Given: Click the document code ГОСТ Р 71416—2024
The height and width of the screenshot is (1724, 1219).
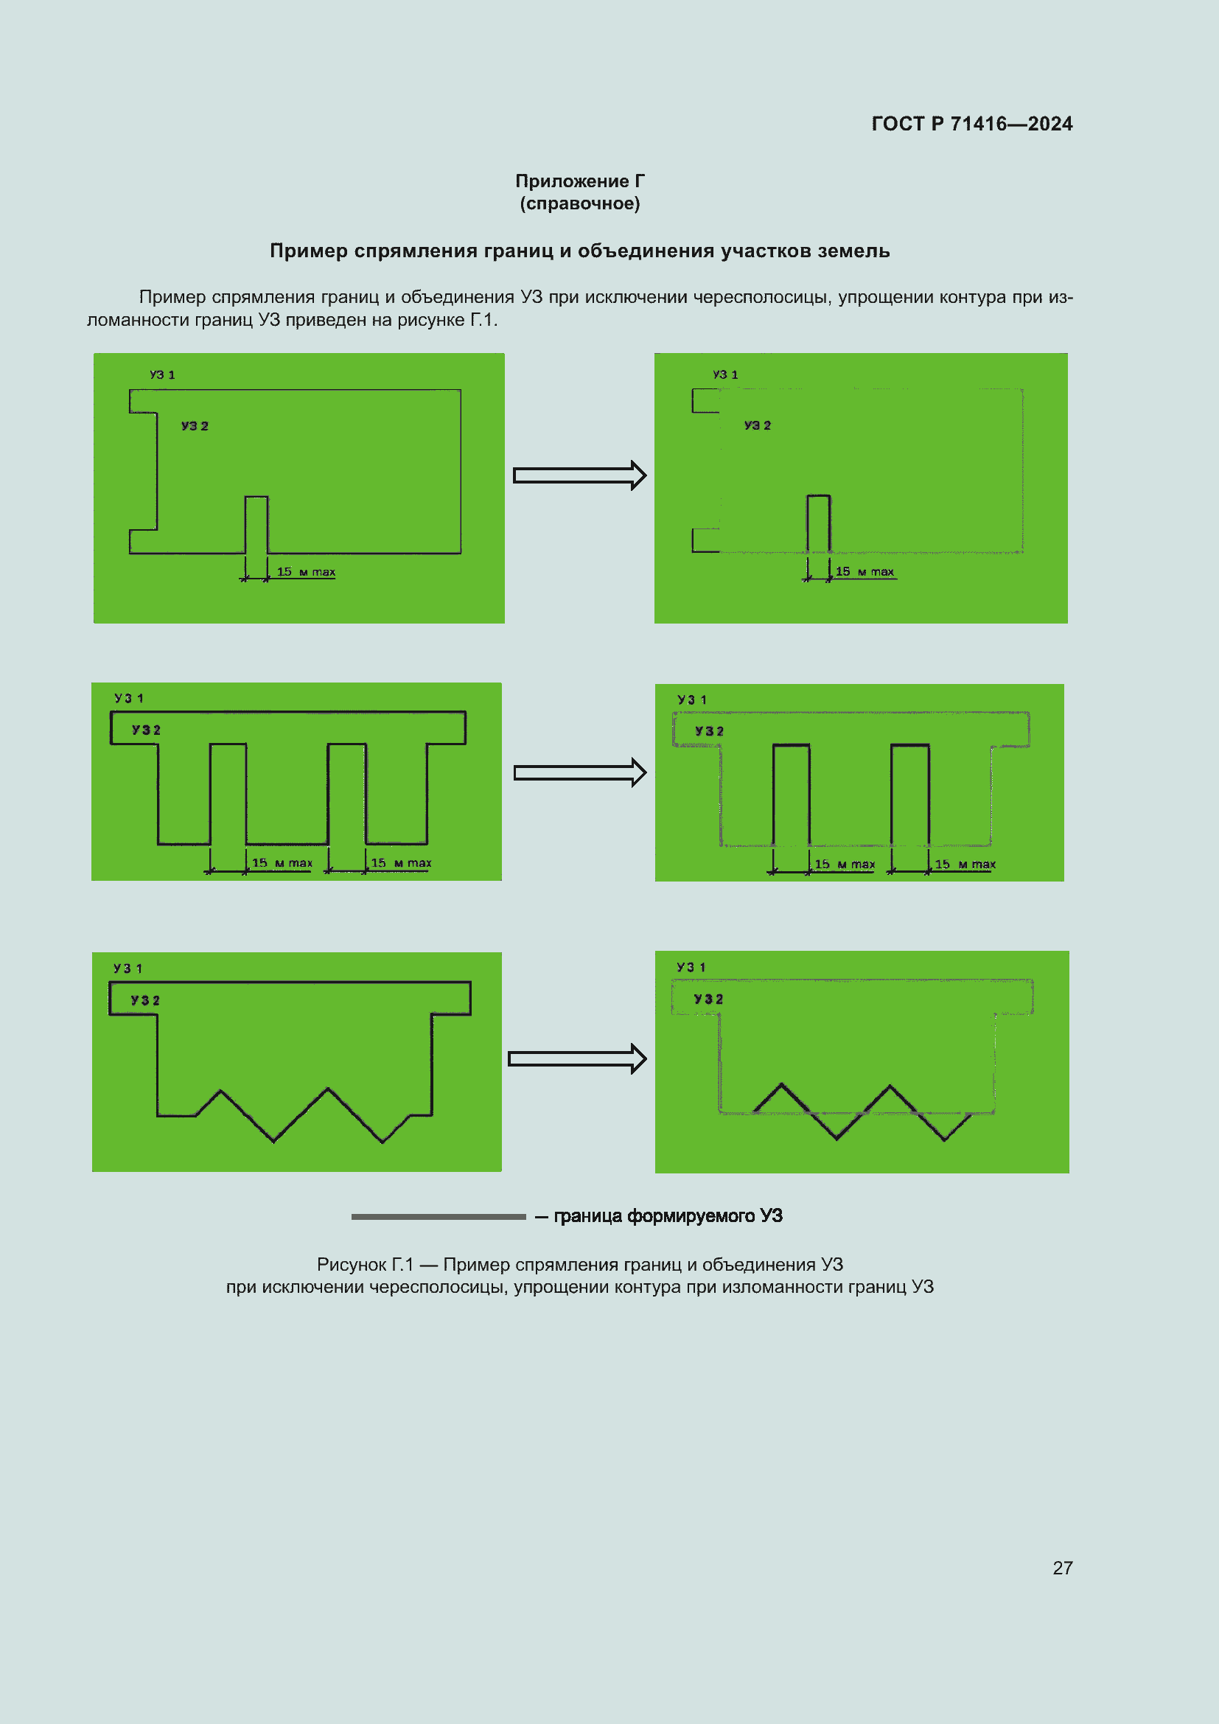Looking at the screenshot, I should tap(971, 124).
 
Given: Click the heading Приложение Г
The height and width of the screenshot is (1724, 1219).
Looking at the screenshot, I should tap(579, 181).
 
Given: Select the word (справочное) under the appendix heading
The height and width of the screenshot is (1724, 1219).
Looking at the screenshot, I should tap(579, 203).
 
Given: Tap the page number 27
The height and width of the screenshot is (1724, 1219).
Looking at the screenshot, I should tap(1062, 1568).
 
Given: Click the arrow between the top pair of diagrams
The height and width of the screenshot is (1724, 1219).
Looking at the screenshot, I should tap(579, 475).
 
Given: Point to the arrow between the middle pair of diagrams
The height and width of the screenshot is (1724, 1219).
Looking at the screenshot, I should tap(579, 772).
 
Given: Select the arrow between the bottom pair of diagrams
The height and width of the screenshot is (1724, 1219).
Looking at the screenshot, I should tap(576, 1058).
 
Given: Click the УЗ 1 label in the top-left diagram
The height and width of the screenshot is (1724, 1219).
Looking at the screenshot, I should tap(162, 374).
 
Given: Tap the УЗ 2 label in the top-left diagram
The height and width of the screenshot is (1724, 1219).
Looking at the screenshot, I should tap(195, 426).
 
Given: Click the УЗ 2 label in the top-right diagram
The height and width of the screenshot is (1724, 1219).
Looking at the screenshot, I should tap(758, 425).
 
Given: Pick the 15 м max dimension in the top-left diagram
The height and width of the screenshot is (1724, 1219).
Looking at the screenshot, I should tap(306, 572).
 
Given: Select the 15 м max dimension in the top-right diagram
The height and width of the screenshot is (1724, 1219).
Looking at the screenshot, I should tap(865, 572).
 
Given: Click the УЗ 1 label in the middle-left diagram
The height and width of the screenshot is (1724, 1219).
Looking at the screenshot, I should tap(128, 698).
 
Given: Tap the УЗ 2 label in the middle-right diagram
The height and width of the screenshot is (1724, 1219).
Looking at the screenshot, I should tap(708, 731).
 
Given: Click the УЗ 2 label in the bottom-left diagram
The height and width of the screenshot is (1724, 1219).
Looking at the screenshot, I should tap(145, 1000).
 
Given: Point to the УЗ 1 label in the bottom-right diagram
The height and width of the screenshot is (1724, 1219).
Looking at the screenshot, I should tap(691, 967).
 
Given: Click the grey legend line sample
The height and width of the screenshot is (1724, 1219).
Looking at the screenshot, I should tap(439, 1216).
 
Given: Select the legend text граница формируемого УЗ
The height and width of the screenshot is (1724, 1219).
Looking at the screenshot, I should tap(667, 1215).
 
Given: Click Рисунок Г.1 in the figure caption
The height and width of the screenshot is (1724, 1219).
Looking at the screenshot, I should tap(365, 1265).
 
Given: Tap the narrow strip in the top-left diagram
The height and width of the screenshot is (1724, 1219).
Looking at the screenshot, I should tap(256, 525).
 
